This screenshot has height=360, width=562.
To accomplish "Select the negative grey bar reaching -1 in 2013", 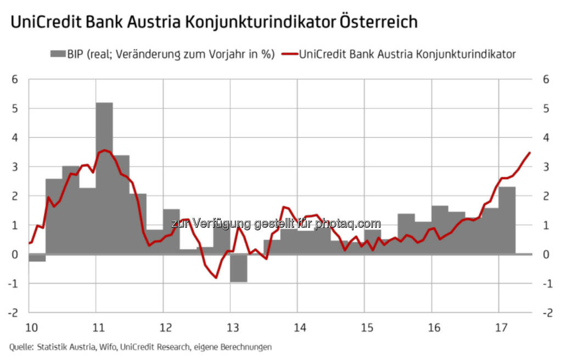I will point(239,268).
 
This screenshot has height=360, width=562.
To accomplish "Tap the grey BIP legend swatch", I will point(57,54).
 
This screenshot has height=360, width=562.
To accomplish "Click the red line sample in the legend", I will point(289,54).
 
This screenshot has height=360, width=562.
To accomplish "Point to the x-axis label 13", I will point(233,328).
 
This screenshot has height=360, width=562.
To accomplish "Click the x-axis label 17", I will point(501,328).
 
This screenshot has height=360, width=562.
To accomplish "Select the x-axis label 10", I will point(32,328).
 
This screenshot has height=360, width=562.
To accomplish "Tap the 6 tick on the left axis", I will point(15,79).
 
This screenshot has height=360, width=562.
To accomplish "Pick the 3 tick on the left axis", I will point(15,167).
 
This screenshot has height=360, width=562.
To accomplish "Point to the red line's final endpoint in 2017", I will point(529,153).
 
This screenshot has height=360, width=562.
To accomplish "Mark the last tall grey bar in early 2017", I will point(507,220).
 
